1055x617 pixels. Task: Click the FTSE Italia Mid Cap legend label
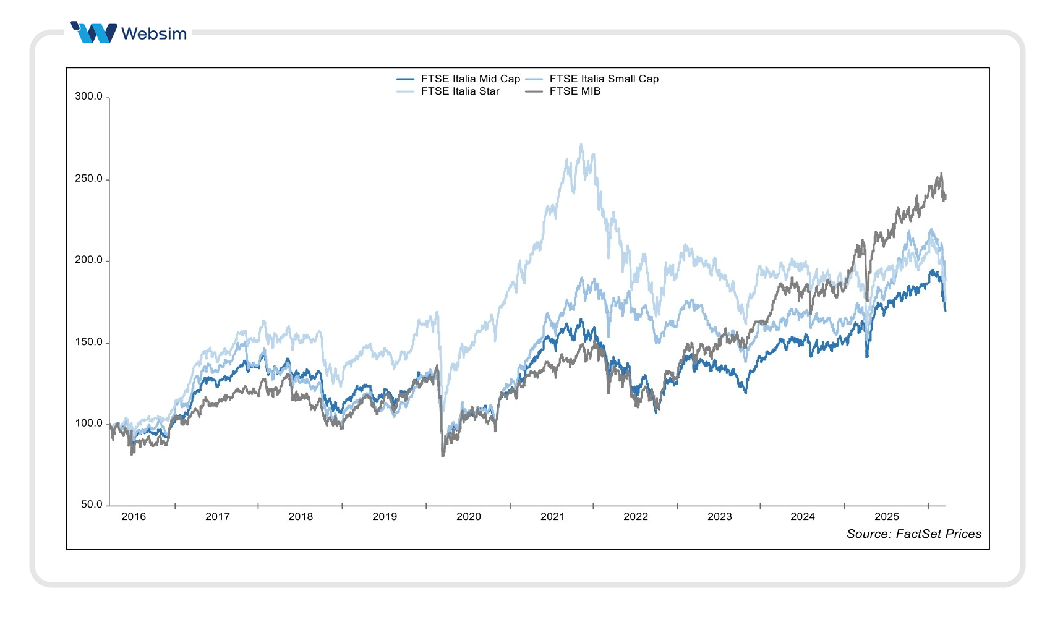[470, 79]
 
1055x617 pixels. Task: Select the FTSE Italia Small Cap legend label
[604, 79]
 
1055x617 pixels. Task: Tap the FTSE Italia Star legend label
[459, 91]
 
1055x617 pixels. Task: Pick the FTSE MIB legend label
[574, 91]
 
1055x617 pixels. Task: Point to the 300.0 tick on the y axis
[88, 96]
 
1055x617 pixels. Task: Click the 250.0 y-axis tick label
[88, 179]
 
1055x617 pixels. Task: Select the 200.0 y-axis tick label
[88, 260]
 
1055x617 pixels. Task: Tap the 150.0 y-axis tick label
[88, 342]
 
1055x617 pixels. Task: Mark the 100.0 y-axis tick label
[88, 423]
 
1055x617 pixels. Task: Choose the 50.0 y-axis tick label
[92, 504]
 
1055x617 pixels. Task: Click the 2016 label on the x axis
[134, 517]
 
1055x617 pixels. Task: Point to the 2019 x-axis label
[385, 517]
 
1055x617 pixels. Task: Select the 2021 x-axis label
[552, 517]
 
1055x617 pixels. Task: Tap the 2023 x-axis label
[719, 517]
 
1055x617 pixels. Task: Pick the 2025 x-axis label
[886, 517]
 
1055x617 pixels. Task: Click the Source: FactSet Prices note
[913, 534]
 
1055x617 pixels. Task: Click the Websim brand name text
[154, 33]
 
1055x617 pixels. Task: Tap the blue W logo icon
[94, 32]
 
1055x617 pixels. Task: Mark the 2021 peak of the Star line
[581, 145]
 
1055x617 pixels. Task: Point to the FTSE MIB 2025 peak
[941, 174]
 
